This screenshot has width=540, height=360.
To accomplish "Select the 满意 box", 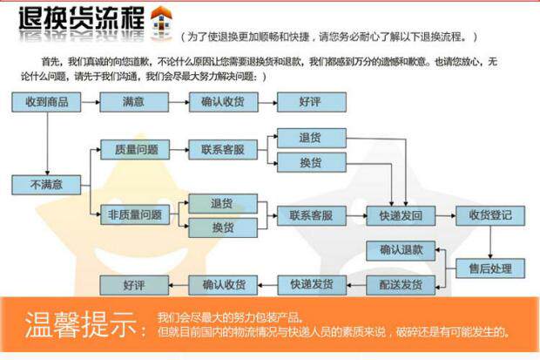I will [x=133, y=103].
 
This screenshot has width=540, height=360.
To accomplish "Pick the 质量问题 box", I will [x=135, y=149].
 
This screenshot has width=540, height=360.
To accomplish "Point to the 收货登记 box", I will [x=490, y=215].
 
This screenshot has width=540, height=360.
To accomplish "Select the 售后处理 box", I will [x=490, y=268].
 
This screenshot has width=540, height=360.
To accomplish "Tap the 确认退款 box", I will [x=400, y=250].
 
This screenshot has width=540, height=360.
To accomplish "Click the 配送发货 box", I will [x=400, y=285].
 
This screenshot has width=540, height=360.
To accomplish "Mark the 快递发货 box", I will [x=311, y=285].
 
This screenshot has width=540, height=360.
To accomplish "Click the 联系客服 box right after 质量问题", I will [x=223, y=149].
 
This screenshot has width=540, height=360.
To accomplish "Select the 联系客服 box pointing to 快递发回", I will [x=311, y=215].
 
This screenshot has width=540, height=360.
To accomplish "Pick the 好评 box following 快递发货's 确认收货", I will [x=133, y=285].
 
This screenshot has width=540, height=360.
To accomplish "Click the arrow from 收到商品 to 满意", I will [x=90, y=103].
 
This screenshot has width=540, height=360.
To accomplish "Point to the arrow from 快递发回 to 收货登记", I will [x=444, y=215].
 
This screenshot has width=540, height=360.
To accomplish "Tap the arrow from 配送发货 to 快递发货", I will [x=355, y=285].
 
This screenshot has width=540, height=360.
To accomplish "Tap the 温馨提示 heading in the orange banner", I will [x=83, y=324].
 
